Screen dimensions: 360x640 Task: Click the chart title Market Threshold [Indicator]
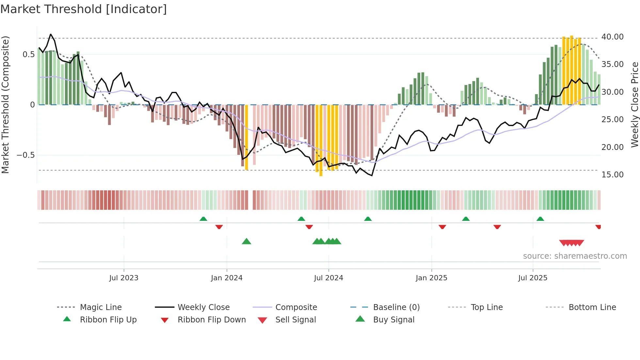click(x=84, y=9)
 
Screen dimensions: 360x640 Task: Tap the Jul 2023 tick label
click(x=124, y=278)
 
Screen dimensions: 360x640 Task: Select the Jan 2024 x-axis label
click(x=227, y=278)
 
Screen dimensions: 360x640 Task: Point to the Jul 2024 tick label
click(x=328, y=278)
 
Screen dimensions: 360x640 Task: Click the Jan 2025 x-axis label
click(x=431, y=278)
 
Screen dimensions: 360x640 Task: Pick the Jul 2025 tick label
click(x=533, y=278)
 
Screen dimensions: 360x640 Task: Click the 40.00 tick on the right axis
click(x=612, y=37)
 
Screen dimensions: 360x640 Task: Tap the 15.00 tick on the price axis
click(x=612, y=175)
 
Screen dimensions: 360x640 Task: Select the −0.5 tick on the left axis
click(x=25, y=155)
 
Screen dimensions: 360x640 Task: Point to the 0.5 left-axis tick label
click(x=28, y=55)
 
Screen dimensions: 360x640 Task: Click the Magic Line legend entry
click(x=101, y=307)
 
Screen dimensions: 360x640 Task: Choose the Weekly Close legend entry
click(x=203, y=307)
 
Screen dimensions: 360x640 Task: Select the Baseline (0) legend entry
click(x=396, y=307)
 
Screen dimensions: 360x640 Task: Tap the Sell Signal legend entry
click(x=296, y=320)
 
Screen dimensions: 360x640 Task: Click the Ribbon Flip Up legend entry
click(x=108, y=320)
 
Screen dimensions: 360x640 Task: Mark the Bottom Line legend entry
click(x=592, y=307)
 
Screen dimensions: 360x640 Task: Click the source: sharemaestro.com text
click(x=575, y=256)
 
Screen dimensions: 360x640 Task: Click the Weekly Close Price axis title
click(x=634, y=105)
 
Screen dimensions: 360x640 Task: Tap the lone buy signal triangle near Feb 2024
click(x=247, y=242)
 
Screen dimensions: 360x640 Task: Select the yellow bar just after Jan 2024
click(x=247, y=137)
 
